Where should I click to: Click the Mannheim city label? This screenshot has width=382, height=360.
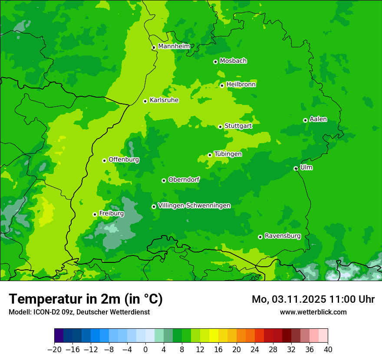click(174, 46)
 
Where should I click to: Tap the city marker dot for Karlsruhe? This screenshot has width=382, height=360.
click(145, 101)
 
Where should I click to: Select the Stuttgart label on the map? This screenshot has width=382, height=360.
click(238, 126)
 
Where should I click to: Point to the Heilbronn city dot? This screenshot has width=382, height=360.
click(222, 85)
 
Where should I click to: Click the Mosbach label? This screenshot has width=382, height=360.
click(233, 61)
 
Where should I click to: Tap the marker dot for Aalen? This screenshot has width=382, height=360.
click(305, 120)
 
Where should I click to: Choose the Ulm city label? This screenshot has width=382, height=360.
click(306, 167)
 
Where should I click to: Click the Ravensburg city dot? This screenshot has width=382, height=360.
click(260, 237)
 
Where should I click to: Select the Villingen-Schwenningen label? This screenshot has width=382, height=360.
click(194, 206)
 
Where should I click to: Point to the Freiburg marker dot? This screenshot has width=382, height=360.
click(95, 214)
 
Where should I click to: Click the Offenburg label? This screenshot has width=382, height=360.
click(124, 160)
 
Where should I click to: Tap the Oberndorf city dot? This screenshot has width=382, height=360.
click(164, 180)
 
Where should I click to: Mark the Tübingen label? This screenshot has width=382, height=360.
click(228, 154)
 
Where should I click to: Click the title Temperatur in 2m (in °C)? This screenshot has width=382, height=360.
click(86, 299)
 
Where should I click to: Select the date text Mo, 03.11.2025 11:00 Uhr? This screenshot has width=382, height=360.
click(313, 299)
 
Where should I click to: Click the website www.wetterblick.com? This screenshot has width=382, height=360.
click(313, 312)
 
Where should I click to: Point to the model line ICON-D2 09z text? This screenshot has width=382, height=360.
click(79, 312)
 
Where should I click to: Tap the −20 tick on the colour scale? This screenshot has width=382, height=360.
click(55, 350)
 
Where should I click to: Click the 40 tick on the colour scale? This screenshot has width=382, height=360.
click(328, 350)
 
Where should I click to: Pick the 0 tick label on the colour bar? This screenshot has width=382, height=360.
click(145, 350)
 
